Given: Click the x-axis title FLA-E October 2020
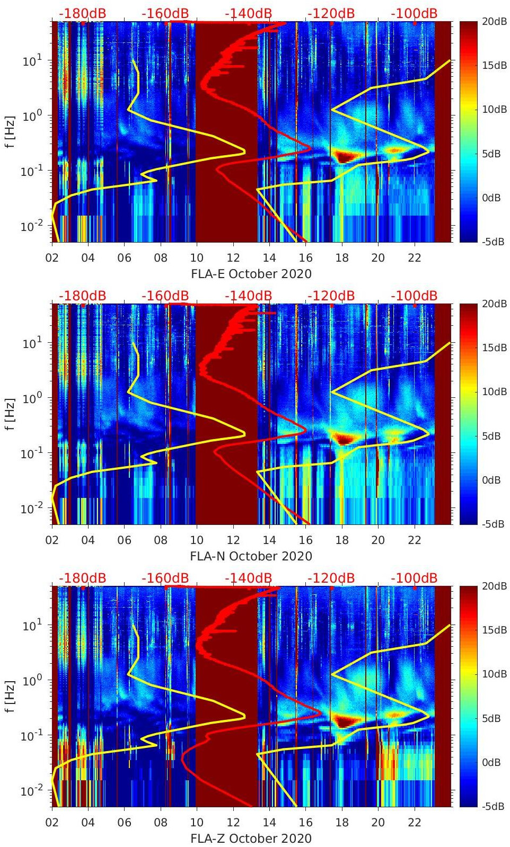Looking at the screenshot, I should pyautogui.click(x=251, y=274).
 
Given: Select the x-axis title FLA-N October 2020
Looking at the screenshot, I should pyautogui.click(x=251, y=556).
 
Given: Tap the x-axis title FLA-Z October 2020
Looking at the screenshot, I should pyautogui.click(x=251, y=839).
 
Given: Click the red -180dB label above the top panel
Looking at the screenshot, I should pyautogui.click(x=82, y=13).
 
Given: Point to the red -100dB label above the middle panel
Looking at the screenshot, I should pyautogui.click(x=414, y=296).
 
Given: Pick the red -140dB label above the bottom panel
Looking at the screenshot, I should pyautogui.click(x=248, y=578).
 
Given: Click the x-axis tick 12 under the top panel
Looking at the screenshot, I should pyautogui.click(x=233, y=258).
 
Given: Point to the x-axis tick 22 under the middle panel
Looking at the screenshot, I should pyautogui.click(x=415, y=540).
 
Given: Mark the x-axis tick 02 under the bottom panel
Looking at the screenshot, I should pyautogui.click(x=52, y=823).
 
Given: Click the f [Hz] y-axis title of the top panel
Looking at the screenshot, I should pyautogui.click(x=10, y=131).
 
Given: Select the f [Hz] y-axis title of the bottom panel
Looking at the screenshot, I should pyautogui.click(x=10, y=696).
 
